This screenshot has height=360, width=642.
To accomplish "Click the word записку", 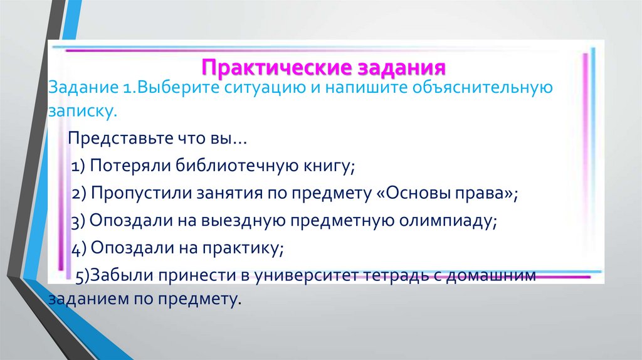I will (82, 112).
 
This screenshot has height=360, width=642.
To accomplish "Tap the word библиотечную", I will (227, 166).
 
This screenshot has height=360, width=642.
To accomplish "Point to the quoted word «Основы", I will (405, 194).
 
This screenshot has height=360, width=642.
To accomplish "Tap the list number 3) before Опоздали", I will (78, 221).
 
